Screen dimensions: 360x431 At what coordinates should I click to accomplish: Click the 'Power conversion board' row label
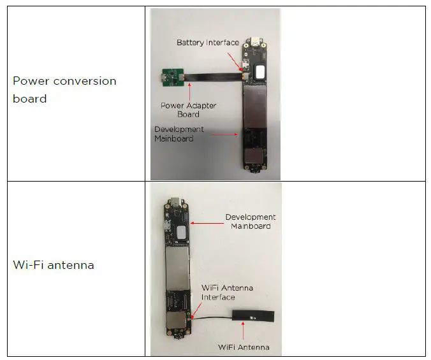coord(64,90)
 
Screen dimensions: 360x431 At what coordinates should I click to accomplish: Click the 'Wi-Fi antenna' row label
coord(54,264)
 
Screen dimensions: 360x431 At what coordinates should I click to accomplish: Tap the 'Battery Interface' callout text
coord(208,43)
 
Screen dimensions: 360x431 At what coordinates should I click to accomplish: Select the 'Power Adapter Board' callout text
coord(189,110)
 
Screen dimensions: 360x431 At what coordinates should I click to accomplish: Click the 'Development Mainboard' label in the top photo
coord(179,133)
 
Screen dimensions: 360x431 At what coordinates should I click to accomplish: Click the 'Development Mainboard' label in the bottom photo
coord(251,221)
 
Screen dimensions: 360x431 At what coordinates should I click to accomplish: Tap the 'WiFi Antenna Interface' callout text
coord(219,292)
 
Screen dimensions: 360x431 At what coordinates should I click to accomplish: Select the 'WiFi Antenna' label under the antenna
coord(244,347)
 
